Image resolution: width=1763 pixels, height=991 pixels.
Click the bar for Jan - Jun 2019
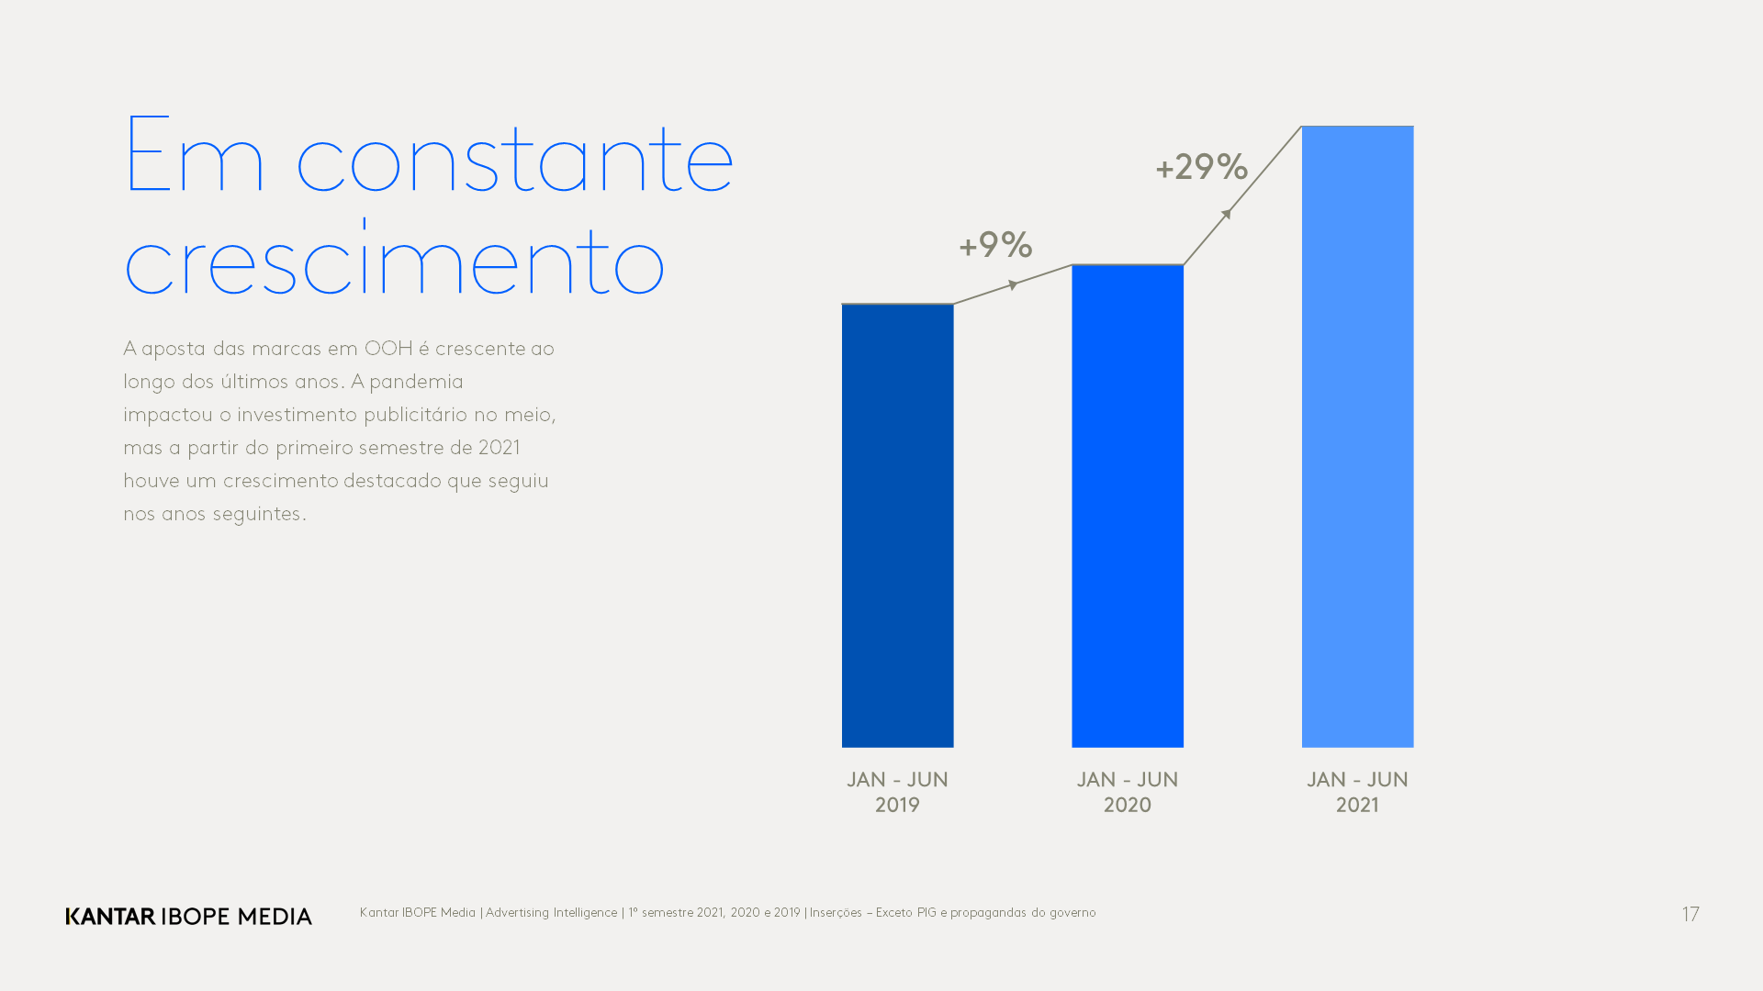[x=897, y=525]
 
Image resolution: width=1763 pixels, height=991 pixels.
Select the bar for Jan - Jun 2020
[x=1127, y=506]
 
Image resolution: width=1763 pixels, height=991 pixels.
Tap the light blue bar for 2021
[x=1357, y=436]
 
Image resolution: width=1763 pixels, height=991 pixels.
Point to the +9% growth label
[x=995, y=245]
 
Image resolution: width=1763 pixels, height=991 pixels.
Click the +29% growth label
[x=1201, y=167]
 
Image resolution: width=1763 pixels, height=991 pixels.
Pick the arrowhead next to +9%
[x=1013, y=285]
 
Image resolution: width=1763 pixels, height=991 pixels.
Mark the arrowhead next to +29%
[x=1226, y=215]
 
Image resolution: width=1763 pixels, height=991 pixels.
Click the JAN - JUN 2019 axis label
[x=897, y=792]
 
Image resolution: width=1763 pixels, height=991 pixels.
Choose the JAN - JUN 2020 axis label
[x=1127, y=792]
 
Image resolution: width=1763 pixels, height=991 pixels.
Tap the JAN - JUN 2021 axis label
[x=1357, y=792]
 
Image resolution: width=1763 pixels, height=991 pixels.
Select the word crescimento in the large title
[x=394, y=261]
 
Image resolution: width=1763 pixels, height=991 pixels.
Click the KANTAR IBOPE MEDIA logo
[x=188, y=916]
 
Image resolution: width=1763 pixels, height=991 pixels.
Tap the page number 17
[x=1690, y=915]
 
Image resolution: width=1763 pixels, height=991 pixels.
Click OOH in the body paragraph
[x=388, y=349]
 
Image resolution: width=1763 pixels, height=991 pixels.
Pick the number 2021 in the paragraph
[x=499, y=448]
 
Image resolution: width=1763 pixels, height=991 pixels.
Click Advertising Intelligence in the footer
[x=551, y=913]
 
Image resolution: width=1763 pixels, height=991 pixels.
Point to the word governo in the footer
[x=1072, y=913]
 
